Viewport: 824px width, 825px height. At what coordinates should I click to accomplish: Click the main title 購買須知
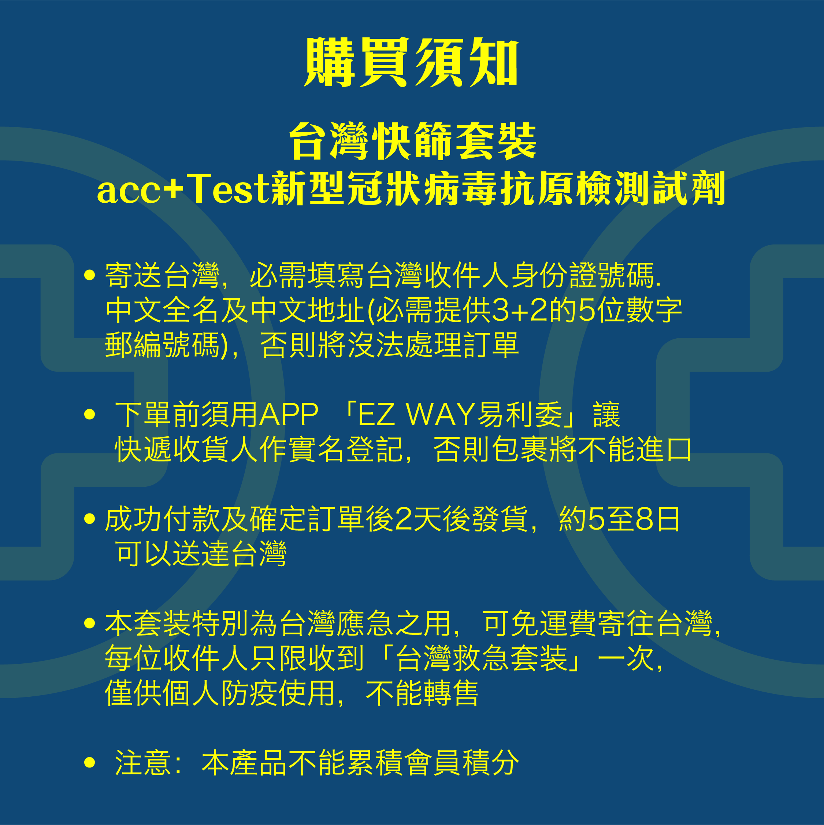411,62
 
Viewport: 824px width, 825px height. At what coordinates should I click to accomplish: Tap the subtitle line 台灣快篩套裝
412,141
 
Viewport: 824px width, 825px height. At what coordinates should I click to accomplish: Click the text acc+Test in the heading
183,189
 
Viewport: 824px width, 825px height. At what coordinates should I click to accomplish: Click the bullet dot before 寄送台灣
90,275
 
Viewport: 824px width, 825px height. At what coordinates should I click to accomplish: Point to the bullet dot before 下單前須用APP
90,414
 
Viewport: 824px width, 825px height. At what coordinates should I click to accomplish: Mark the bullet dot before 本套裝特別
90,623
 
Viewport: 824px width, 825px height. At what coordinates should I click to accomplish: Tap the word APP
289,415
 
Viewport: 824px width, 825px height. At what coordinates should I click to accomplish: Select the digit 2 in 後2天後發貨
403,519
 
